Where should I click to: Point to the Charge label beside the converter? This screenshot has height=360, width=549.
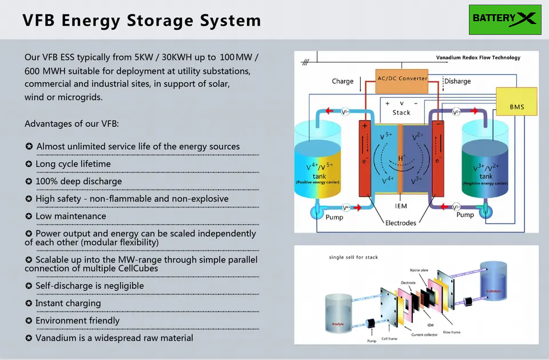pos(343,81)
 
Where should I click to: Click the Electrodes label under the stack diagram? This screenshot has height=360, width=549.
pos(401,223)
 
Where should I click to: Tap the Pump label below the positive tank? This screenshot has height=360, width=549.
pos(335,218)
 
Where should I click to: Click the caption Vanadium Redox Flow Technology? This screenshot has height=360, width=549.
pos(478,58)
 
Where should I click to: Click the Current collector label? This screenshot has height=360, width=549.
pos(424,335)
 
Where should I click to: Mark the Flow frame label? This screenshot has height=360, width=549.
pos(451,332)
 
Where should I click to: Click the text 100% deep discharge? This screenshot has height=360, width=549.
pos(79,182)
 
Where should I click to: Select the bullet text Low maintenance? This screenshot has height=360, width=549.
pos(71,217)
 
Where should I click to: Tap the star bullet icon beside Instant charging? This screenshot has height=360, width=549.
pos(29,303)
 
